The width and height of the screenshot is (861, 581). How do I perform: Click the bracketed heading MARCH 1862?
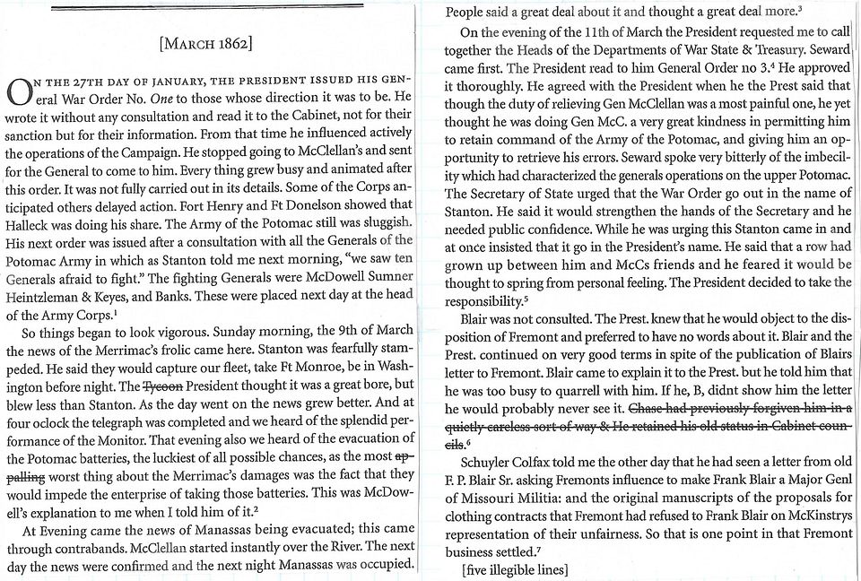click(x=205, y=44)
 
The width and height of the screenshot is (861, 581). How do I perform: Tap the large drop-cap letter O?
click(x=17, y=91)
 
